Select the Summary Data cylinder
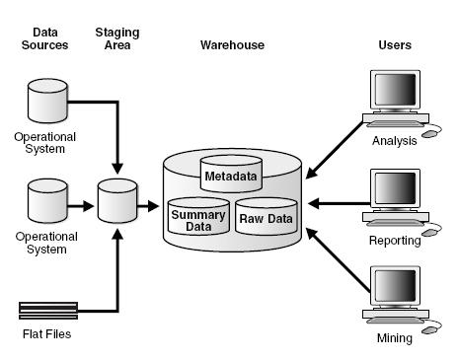pyautogui.click(x=197, y=216)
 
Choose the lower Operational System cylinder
pyautogui.click(x=44, y=199)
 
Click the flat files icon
pyautogui.click(x=46, y=310)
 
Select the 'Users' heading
pyautogui.click(x=395, y=45)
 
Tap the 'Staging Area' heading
pyautogui.click(x=115, y=38)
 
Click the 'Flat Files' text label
pyautogui.click(x=46, y=334)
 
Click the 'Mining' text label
pyautogui.click(x=394, y=337)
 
